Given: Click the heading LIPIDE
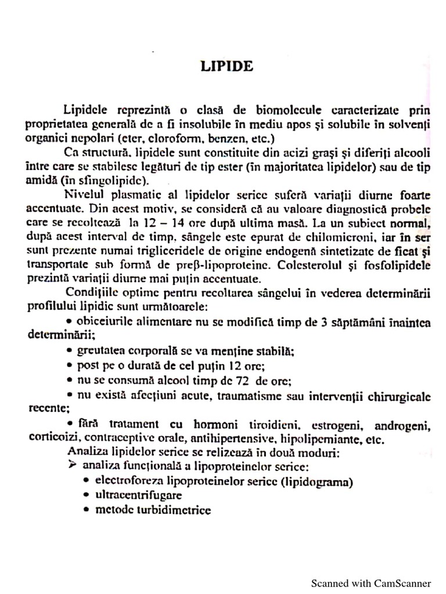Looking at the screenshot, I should point(227,66).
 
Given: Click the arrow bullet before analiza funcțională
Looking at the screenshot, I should point(72,465).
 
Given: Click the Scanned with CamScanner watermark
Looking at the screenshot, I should point(371,583).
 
